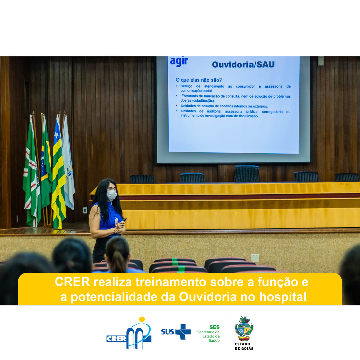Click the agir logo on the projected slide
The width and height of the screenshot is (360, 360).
(179, 62)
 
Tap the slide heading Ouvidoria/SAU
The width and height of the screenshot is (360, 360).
(243, 64)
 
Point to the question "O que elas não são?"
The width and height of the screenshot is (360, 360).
(199, 80)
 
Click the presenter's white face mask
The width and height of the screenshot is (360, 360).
(112, 195)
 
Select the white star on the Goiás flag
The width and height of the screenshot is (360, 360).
(56, 134)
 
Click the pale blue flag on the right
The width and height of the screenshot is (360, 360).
(68, 163)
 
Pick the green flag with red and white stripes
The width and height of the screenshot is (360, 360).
(32, 172)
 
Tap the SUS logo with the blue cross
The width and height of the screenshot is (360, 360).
(176, 331)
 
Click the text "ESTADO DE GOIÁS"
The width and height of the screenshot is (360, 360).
(244, 346)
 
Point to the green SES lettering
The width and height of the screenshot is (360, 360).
(214, 327)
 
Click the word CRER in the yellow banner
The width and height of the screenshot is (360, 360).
(72, 282)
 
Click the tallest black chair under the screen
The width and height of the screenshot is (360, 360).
(247, 174)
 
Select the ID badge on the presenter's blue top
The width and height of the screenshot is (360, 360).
(116, 221)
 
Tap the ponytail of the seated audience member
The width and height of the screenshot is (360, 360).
(118, 262)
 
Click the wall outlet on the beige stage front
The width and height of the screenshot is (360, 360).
(255, 258)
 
